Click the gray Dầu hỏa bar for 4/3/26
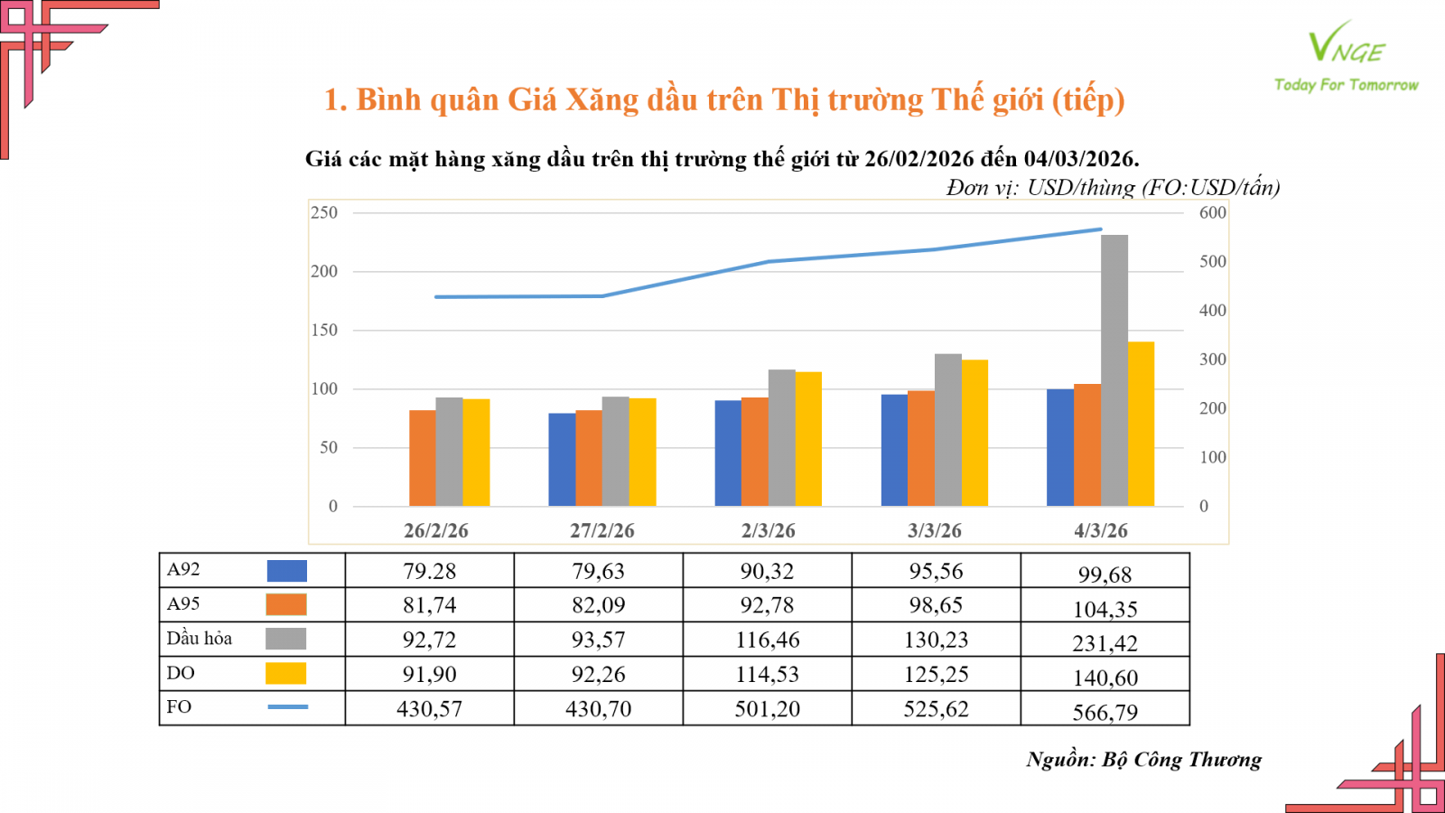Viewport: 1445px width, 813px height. pyautogui.click(x=1114, y=370)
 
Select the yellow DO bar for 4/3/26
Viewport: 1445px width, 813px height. pyautogui.click(x=1142, y=424)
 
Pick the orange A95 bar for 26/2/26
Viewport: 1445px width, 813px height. pyautogui.click(x=423, y=458)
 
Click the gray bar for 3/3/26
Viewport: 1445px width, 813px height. pyautogui.click(x=948, y=429)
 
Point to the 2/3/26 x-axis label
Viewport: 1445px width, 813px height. pyautogui.click(x=769, y=531)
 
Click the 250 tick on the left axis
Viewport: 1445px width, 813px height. pyautogui.click(x=324, y=213)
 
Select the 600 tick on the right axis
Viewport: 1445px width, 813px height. pyautogui.click(x=1212, y=213)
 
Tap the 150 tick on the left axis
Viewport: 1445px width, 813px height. pyautogui.click(x=324, y=331)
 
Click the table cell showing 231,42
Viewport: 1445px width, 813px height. pyautogui.click(x=1105, y=643)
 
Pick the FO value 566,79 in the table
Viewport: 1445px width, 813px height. pyautogui.click(x=1105, y=712)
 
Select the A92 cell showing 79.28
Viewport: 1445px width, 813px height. pyautogui.click(x=429, y=571)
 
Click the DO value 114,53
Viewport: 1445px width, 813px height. pyautogui.click(x=767, y=674)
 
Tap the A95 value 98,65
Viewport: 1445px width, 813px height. pyautogui.click(x=936, y=605)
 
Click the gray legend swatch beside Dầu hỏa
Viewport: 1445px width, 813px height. pyautogui.click(x=286, y=639)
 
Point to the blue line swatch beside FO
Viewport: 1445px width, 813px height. pyautogui.click(x=287, y=706)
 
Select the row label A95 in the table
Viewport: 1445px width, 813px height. pyautogui.click(x=183, y=604)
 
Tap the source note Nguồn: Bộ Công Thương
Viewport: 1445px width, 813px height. pyautogui.click(x=1143, y=760)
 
